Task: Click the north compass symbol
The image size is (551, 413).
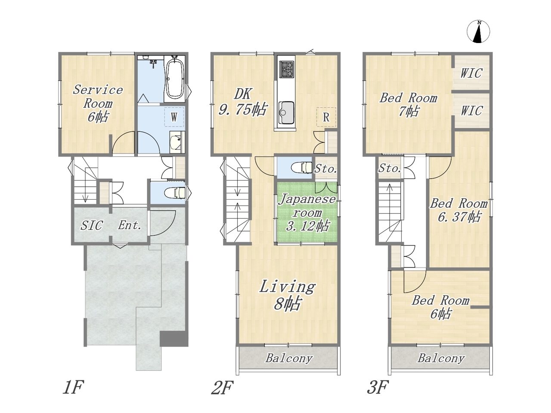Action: click(x=478, y=31)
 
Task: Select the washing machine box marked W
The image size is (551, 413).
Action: click(x=174, y=117)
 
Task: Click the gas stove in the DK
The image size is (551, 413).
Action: click(x=286, y=69)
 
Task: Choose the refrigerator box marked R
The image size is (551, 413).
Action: click(x=326, y=117)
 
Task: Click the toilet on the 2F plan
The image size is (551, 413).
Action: click(x=301, y=167)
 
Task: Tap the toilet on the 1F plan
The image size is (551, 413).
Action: click(x=175, y=193)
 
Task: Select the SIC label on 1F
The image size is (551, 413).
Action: click(x=92, y=225)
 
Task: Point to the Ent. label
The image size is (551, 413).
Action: click(x=130, y=225)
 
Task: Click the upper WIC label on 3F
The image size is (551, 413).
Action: click(x=471, y=73)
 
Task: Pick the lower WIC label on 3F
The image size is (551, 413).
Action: click(x=471, y=110)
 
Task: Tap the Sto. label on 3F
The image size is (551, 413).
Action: click(x=390, y=168)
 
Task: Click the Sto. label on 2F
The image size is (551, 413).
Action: click(x=325, y=169)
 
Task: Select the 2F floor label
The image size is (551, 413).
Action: click(x=223, y=388)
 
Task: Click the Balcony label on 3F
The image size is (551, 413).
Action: click(x=441, y=358)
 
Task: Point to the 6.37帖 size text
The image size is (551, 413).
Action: click(x=459, y=217)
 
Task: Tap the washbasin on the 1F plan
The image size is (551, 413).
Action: click(x=177, y=142)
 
